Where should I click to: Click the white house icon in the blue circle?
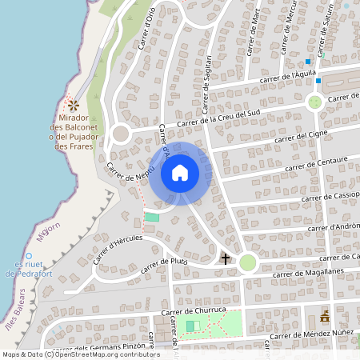click(x=180, y=173)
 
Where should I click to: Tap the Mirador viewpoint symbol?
click(x=74, y=105)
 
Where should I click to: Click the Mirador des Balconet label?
click(x=72, y=132)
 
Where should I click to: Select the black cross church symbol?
click(x=226, y=258)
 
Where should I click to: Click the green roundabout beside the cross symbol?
click(x=248, y=262)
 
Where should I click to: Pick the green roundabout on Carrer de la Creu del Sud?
click(x=315, y=102)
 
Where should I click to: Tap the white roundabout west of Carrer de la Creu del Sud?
click(x=121, y=134)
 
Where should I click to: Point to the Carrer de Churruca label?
click(x=195, y=311)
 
